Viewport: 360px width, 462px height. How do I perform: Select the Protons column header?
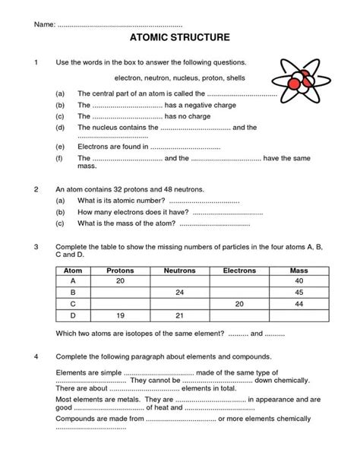click(120, 270)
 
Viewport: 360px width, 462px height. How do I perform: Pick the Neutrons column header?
click(179, 270)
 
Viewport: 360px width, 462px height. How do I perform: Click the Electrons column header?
click(239, 270)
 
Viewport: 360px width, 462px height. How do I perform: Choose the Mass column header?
click(298, 270)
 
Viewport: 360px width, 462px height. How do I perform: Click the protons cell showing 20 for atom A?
click(120, 280)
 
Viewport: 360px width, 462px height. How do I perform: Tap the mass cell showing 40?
click(298, 280)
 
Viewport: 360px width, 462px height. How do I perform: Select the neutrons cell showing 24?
click(179, 292)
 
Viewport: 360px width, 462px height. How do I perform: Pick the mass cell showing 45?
click(298, 292)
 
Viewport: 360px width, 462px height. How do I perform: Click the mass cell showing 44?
click(298, 303)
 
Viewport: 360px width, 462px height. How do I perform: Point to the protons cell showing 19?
click(120, 315)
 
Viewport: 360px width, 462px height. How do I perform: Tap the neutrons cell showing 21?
click(179, 315)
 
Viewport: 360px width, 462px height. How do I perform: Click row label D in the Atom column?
click(73, 315)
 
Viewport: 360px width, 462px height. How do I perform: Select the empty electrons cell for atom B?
click(239, 292)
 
